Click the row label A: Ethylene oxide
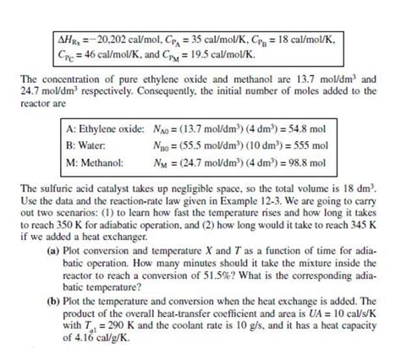(x=105, y=128)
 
